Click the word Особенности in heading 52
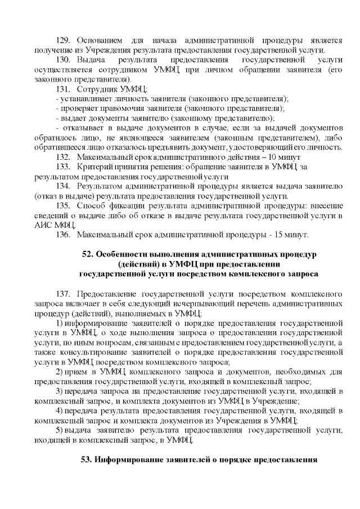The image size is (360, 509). (121, 255)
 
